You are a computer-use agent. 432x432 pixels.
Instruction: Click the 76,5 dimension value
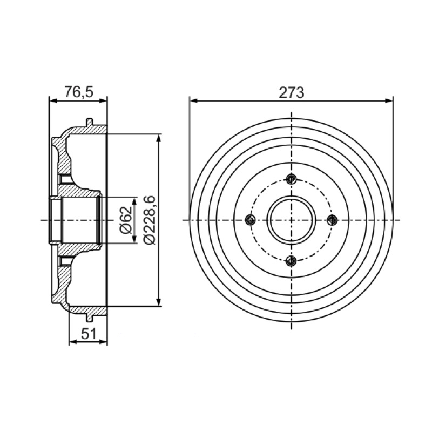point(79,92)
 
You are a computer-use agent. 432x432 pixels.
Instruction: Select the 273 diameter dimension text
point(292,92)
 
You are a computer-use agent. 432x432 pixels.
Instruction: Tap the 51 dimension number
point(89,334)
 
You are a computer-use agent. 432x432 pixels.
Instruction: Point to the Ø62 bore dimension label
point(126,220)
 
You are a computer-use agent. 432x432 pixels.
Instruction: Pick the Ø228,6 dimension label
point(150,220)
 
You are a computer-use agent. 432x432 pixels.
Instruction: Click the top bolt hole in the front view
point(291,179)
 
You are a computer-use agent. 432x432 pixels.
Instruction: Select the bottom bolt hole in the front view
point(291,260)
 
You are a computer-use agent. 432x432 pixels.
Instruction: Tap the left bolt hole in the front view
point(250,220)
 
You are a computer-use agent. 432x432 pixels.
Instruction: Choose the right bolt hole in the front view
point(332,220)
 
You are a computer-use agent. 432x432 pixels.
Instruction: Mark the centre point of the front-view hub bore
point(291,220)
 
